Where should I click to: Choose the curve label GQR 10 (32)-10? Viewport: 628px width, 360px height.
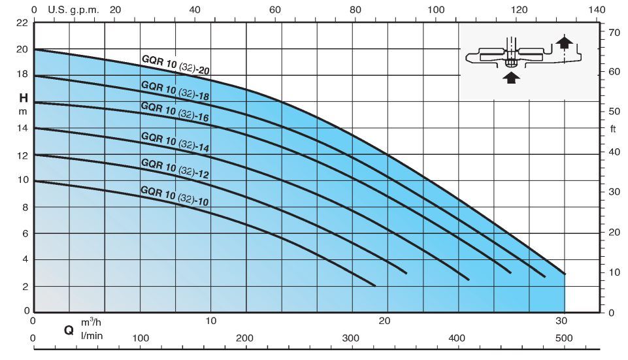tap(174, 195)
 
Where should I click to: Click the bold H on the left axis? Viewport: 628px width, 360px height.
tap(23, 98)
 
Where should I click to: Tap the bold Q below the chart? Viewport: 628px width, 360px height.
tap(68, 331)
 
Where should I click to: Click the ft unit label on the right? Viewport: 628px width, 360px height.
tap(613, 129)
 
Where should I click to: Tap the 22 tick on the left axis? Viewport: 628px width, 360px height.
tap(22, 22)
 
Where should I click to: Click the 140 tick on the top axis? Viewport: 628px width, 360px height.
tap(597, 10)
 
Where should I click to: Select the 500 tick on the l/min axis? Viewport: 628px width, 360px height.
tap(564, 338)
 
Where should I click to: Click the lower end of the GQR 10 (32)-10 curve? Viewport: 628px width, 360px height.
tap(375, 286)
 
